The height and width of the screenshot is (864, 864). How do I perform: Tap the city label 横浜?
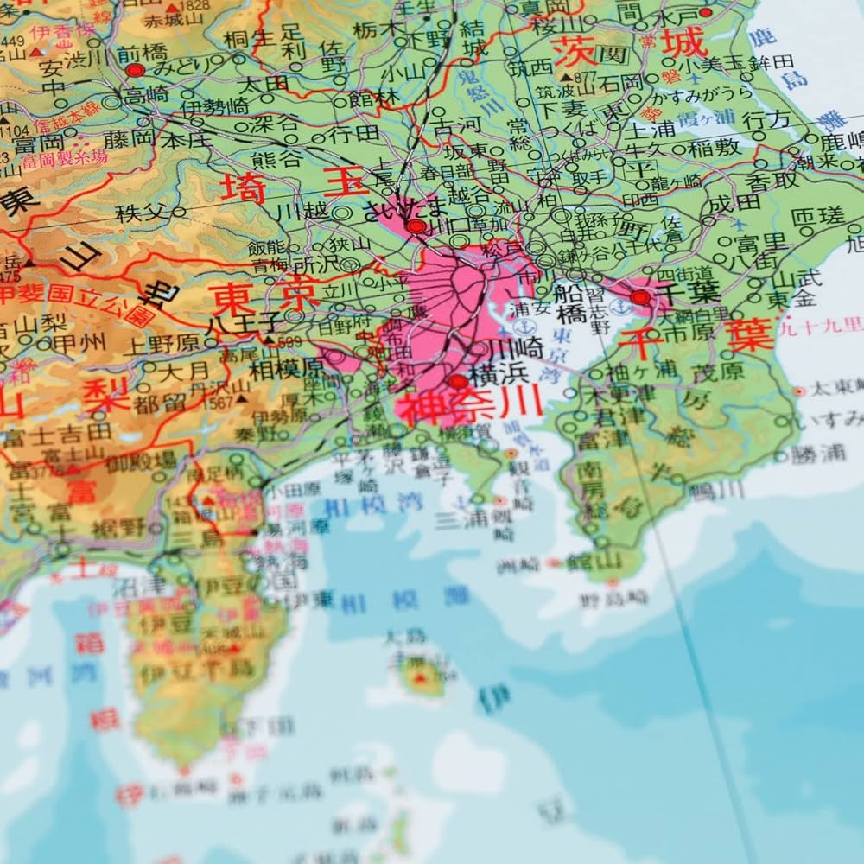499,378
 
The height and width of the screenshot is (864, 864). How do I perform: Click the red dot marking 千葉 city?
640,297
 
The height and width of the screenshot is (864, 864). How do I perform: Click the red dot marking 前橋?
134,69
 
